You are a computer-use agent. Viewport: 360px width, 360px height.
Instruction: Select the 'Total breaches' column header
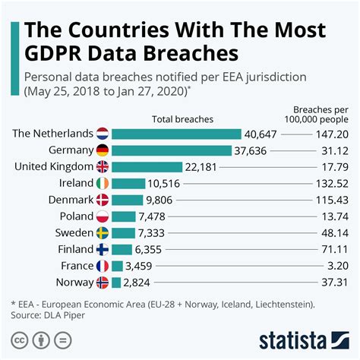point(183,118)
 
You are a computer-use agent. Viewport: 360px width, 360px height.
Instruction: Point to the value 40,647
point(262,133)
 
